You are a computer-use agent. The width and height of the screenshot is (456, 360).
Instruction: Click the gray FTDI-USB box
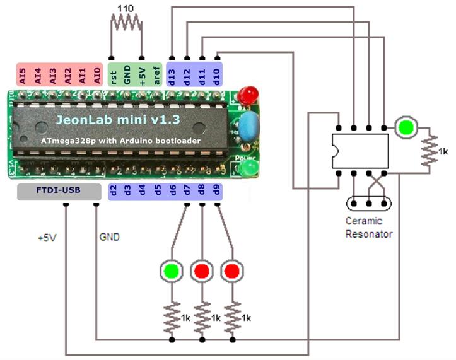pos(59,192)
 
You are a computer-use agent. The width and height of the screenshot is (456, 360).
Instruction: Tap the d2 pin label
pos(114,189)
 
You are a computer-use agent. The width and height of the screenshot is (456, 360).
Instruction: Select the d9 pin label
pos(216,189)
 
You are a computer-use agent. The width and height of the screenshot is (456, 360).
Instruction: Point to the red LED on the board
pos(248,95)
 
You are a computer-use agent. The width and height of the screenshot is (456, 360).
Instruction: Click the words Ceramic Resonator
pos(369,228)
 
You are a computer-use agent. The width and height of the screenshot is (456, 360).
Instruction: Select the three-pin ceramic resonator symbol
pos(368,204)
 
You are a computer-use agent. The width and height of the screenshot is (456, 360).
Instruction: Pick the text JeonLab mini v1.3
pos(109,119)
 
